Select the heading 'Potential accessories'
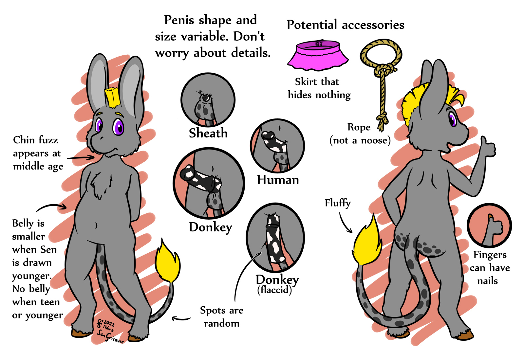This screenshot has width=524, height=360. point(346,25)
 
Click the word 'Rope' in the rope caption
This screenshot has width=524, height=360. point(359,127)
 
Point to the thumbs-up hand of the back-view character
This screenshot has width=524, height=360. point(488,147)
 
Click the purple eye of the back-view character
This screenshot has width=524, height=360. point(453,119)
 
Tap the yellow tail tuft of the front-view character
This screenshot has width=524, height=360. point(168,262)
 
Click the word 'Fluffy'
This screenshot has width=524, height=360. point(338,203)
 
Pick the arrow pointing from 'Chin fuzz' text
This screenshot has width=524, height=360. point(81,158)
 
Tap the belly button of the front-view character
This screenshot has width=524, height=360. point(96,225)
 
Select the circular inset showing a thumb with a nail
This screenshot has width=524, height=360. point(489,225)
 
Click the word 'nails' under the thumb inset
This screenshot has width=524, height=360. point(487,281)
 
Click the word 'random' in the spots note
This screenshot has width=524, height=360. point(221,323)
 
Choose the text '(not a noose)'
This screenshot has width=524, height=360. point(360,140)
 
